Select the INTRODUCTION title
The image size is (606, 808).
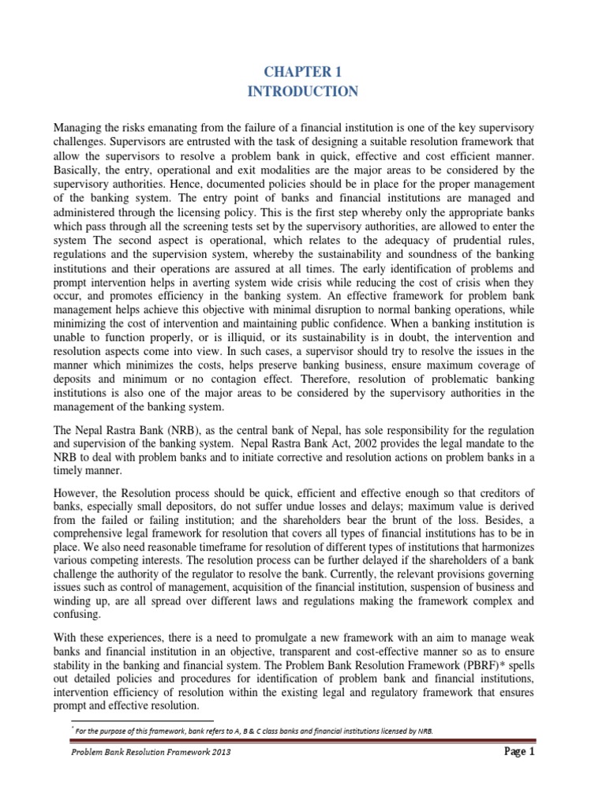point(302,92)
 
